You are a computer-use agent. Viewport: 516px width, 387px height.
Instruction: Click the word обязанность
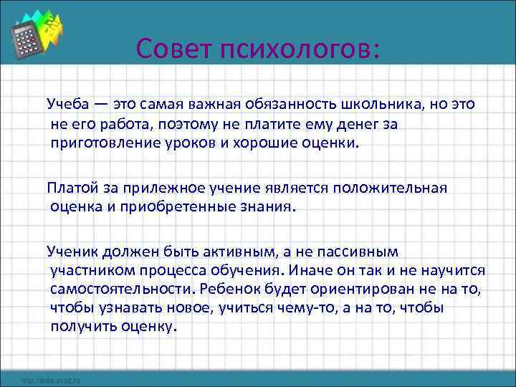[313, 103]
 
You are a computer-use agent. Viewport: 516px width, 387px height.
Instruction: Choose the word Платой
[70, 188]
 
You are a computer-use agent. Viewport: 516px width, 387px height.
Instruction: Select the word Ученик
[71, 252]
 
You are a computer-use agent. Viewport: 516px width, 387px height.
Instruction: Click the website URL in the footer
[51, 379]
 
